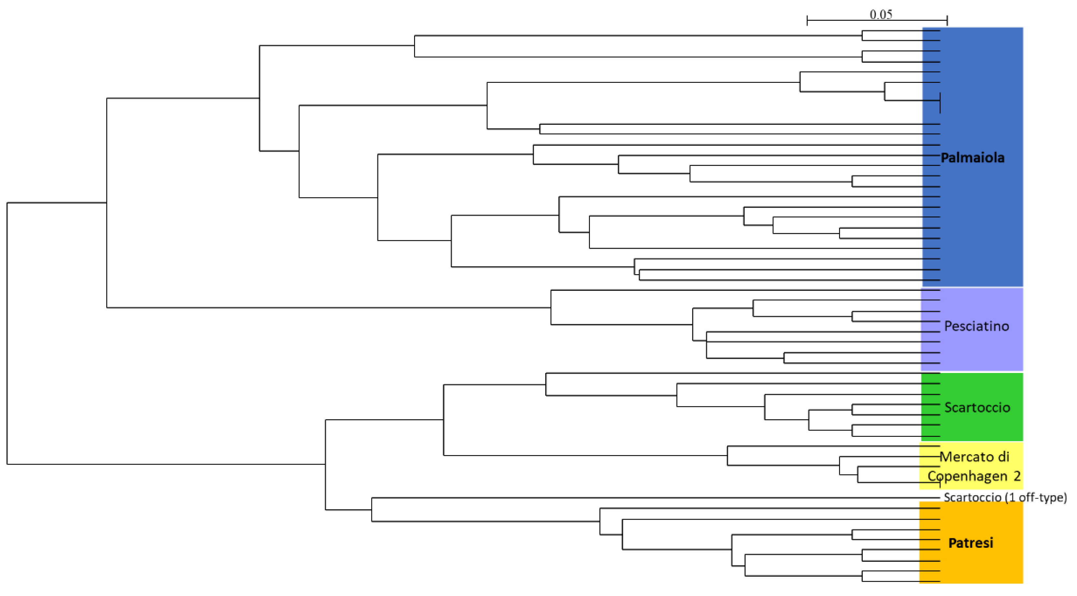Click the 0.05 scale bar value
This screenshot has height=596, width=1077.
tap(881, 14)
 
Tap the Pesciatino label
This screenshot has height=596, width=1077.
tap(977, 326)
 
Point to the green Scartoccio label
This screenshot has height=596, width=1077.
tap(977, 407)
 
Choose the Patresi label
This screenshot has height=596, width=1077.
tap(970, 543)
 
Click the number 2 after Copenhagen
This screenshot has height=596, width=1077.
tap(1017, 476)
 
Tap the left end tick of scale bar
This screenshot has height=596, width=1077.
tap(807, 20)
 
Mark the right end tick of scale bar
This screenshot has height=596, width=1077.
tap(947, 20)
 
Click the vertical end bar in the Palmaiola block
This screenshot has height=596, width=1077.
tap(940, 103)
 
